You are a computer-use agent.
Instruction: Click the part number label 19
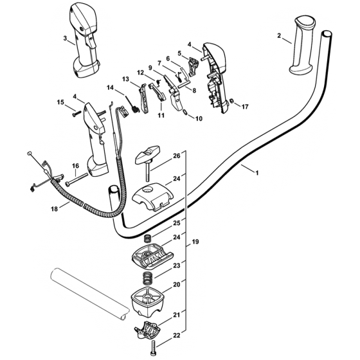195,242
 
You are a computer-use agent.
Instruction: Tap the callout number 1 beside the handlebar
257,173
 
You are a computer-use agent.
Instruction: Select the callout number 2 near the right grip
279,36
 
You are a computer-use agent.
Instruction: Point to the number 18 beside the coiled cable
55,209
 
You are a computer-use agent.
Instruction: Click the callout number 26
177,156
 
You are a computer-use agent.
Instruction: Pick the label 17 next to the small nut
245,107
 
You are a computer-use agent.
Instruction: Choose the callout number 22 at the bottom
177,336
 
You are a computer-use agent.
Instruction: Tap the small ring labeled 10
185,112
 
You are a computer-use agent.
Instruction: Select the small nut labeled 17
231,100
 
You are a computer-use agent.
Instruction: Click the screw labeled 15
77,113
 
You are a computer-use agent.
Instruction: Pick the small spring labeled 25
147,238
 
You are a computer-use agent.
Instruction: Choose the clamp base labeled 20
148,300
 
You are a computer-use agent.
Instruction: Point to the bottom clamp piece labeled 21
147,329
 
